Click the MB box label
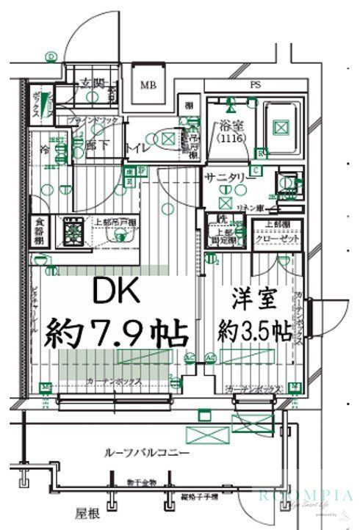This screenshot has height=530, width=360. tap(148, 84)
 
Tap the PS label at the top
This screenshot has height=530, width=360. tap(256, 84)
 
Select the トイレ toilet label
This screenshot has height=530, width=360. tap(138, 147)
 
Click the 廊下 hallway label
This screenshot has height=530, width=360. tap(97, 145)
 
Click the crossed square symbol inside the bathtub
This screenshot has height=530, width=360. tap(280, 127)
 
